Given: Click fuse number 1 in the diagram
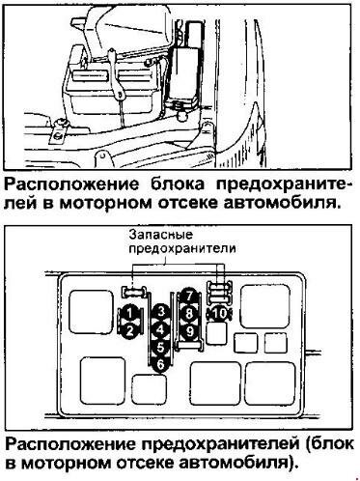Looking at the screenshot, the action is pos(129,313).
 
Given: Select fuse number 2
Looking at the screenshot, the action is pos(129,330).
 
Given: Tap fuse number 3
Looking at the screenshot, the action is pos(161,312).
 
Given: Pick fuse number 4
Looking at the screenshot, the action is pos(161,329).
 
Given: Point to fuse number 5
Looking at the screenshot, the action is pos(161,348).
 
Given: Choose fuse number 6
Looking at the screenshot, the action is pos(161,365).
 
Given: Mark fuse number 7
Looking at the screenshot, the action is pos(189,296).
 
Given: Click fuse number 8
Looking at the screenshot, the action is pos(189,313).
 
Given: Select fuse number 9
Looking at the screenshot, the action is pos(189,330).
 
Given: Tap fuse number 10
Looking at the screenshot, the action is pos(220,313).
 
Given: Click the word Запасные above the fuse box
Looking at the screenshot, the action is pos(161,234).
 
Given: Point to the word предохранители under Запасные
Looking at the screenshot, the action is pos(182,248).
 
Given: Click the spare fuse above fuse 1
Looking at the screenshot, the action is pos(133,292).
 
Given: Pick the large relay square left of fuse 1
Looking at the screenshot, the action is pos(91,312).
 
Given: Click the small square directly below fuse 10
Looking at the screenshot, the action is pos(217,333).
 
